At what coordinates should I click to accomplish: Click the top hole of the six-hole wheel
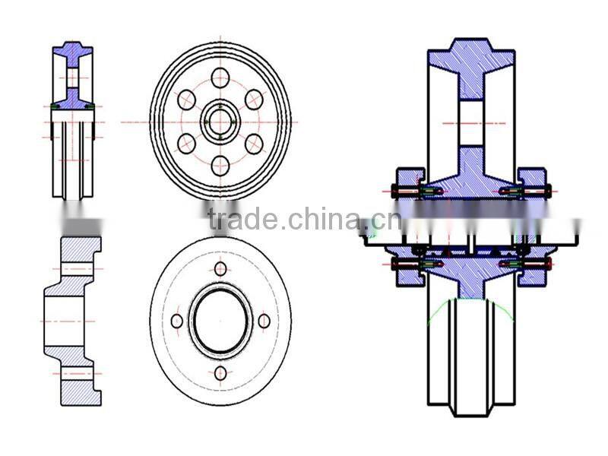(220, 77)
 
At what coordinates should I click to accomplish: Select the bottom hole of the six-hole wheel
(220, 165)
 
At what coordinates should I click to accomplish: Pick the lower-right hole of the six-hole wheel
(254, 144)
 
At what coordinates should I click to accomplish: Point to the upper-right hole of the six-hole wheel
(254, 99)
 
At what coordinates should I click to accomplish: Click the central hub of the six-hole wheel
(220, 122)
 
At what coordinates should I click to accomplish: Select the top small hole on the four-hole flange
(220, 268)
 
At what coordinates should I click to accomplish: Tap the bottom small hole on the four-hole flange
(220, 372)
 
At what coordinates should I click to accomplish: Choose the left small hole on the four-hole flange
(177, 321)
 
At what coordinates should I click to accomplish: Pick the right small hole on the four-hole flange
(264, 321)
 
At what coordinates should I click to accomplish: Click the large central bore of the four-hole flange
(220, 321)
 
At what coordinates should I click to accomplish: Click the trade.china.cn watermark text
(304, 220)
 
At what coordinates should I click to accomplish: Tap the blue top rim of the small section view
(72, 52)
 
